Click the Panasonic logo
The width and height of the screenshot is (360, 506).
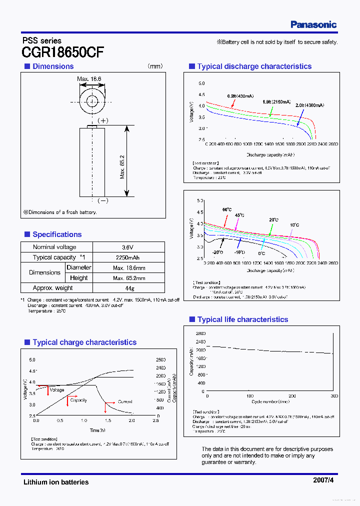[313, 24]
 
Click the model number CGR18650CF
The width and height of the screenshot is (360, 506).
[63, 52]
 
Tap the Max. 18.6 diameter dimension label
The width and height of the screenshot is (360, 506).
[89, 79]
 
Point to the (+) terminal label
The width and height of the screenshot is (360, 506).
[102, 120]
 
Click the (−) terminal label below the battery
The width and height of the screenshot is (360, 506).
[102, 200]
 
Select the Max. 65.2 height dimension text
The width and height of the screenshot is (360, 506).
[122, 166]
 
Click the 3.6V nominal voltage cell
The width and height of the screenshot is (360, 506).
[129, 247]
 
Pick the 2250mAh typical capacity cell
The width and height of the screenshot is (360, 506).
[129, 257]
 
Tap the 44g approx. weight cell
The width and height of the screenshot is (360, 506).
[129, 288]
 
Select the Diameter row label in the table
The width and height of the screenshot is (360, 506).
[79, 267]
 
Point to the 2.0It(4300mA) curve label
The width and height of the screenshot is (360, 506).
[309, 105]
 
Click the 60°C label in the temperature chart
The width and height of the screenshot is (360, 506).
[227, 209]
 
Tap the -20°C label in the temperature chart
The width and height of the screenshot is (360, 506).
[217, 252]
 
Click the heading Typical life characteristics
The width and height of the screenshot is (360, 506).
[242, 319]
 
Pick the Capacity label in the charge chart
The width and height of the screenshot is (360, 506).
[78, 400]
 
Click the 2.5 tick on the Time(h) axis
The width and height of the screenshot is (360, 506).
[155, 421]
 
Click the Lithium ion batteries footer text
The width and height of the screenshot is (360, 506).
[56, 482]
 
